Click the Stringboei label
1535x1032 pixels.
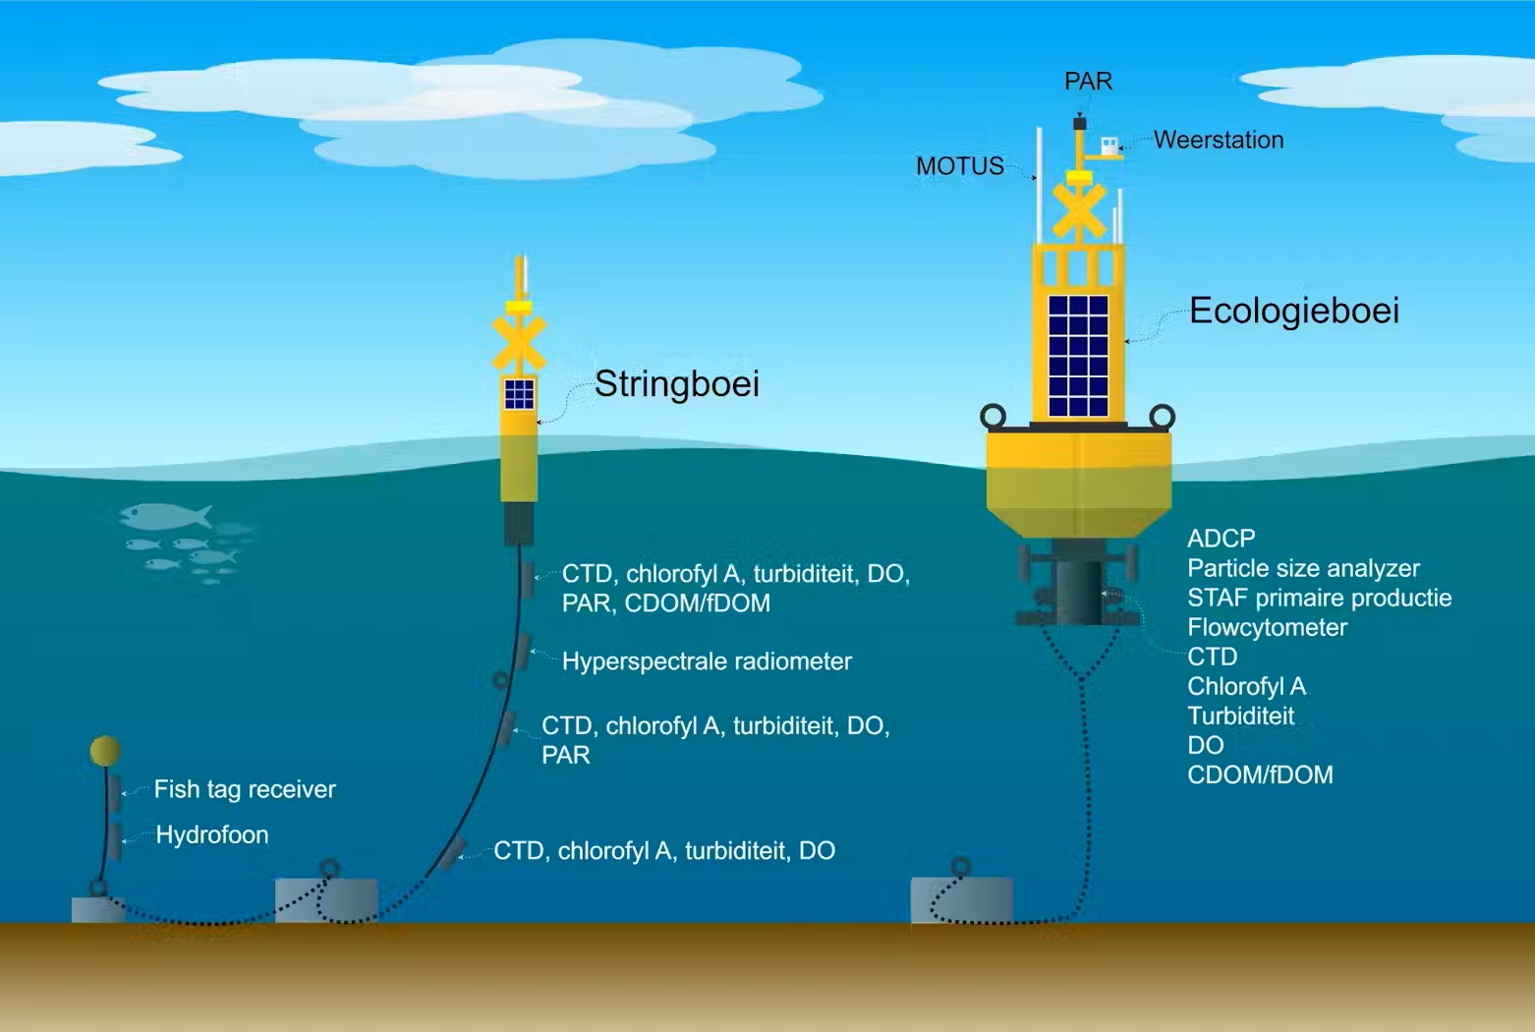[x=677, y=384]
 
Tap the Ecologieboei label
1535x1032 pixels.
[x=1294, y=312]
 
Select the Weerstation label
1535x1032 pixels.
[x=1219, y=140]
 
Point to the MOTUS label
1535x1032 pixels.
[x=959, y=166]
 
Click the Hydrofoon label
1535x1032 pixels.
[x=211, y=834]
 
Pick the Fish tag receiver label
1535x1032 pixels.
[x=245, y=789]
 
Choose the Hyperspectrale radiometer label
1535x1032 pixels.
[x=707, y=661]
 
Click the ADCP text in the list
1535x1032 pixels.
[x=1222, y=539]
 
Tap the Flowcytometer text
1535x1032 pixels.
[x=1267, y=628]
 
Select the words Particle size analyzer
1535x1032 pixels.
[x=1303, y=569]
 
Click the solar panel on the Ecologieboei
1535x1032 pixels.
[x=1078, y=356]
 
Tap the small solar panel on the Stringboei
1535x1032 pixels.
[x=519, y=394]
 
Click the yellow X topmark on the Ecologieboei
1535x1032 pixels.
[x=1079, y=210]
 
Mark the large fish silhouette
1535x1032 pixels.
[x=165, y=517]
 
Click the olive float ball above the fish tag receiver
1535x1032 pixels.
[x=105, y=751]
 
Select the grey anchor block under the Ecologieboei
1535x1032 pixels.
[x=961, y=899]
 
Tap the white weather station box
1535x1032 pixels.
[x=1109, y=146]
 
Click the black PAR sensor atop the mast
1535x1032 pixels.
[x=1079, y=123]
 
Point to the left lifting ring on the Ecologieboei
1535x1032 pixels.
[x=993, y=416]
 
